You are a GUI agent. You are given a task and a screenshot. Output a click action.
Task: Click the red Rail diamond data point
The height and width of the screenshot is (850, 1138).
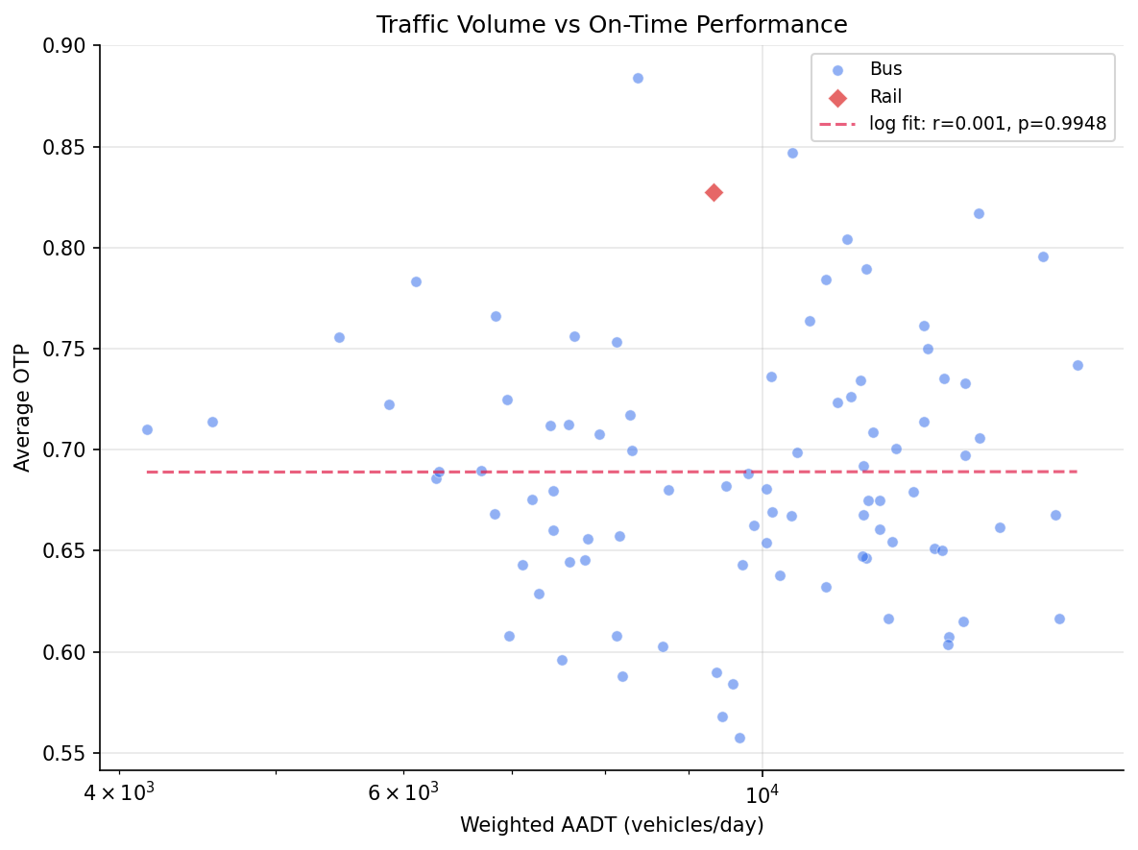714,192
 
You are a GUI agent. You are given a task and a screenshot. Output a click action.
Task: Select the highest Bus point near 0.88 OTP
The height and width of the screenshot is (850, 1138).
638,78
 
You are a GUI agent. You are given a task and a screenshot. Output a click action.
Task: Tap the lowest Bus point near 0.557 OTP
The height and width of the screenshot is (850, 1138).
739,738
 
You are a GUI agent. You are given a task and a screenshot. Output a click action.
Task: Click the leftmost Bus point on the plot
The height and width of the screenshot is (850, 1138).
147,429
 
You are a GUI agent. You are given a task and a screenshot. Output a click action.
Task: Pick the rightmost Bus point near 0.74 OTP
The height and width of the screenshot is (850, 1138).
1077,365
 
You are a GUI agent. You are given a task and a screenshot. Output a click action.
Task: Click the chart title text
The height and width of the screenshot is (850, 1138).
612,25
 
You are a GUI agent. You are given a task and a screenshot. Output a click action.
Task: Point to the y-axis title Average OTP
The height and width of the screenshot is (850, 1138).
23,408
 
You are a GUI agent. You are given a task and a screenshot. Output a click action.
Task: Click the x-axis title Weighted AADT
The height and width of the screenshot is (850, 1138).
612,825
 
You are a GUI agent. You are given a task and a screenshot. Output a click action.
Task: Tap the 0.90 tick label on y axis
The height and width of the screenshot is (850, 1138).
65,46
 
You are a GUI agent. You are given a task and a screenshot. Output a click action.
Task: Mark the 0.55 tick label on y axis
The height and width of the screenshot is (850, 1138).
65,753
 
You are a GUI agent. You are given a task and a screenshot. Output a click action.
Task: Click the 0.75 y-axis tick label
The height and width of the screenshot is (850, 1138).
65,350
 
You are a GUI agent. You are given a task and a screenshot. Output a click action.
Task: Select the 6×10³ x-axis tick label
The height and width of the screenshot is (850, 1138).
403,792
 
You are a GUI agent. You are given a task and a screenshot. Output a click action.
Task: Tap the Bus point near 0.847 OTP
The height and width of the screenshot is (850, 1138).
792,153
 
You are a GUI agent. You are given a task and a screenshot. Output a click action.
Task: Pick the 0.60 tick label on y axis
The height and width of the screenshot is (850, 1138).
65,652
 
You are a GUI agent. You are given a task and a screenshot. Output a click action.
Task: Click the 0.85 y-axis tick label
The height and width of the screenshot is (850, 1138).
65,148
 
